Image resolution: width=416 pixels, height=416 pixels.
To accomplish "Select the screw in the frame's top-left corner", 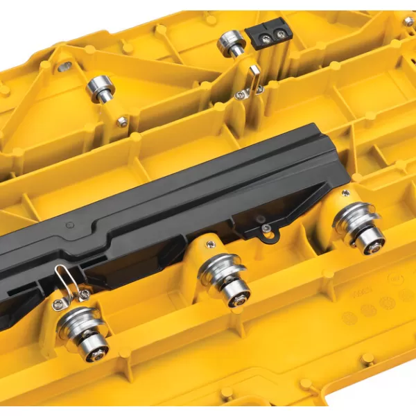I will pos(64,67).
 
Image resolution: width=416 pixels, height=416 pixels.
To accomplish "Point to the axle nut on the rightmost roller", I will pos(372,244).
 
